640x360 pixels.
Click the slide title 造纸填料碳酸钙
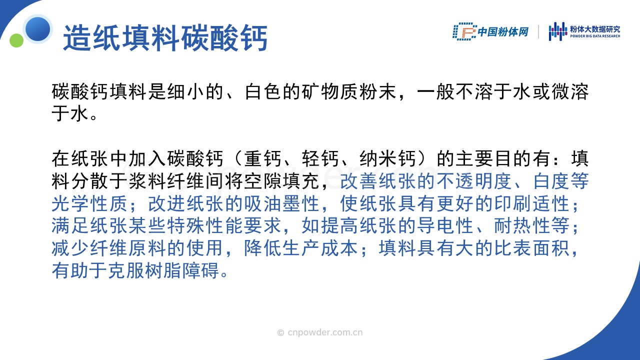(165, 38)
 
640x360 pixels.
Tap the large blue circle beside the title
(37, 29)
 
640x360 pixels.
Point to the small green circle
(16, 40)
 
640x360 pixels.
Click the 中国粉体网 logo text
(503, 31)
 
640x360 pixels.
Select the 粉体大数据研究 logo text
(595, 29)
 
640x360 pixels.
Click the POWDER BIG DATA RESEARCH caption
(595, 36)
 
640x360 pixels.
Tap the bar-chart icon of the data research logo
(557, 31)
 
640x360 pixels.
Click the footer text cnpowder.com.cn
(325, 332)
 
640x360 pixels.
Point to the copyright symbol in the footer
(280, 332)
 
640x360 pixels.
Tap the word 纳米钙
(387, 158)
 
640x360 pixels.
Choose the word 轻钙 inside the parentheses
(320, 158)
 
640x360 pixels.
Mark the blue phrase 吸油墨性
(281, 203)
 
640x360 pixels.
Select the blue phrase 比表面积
(531, 248)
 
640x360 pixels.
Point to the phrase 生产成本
(320, 248)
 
